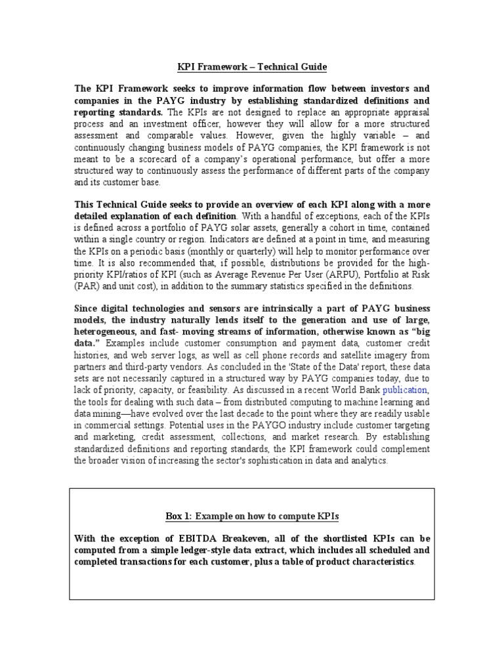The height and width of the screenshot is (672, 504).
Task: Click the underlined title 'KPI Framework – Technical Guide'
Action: tap(252, 67)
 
